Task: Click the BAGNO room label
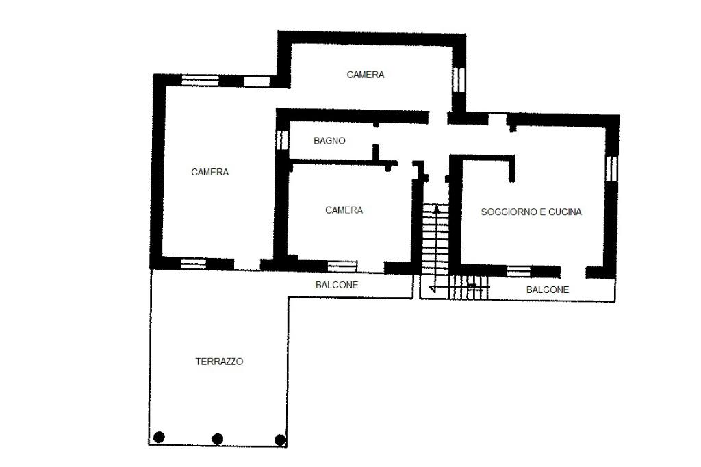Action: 329,141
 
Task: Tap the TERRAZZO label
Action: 219,362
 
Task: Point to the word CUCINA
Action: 565,212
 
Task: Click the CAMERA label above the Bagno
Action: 366,75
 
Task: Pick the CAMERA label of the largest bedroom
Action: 209,173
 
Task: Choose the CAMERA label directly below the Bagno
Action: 344,210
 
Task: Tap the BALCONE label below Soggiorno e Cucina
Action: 547,290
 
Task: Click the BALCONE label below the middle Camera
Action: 337,285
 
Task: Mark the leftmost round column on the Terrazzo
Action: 159,437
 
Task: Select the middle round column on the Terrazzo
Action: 217,439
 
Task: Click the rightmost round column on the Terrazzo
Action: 280,440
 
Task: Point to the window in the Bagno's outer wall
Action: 282,140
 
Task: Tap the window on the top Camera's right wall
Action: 459,79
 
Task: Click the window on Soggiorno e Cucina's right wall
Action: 611,168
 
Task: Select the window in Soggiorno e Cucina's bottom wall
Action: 518,272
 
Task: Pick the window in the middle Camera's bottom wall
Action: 342,266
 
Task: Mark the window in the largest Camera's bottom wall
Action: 193,264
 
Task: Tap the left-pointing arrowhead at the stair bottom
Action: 433,288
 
